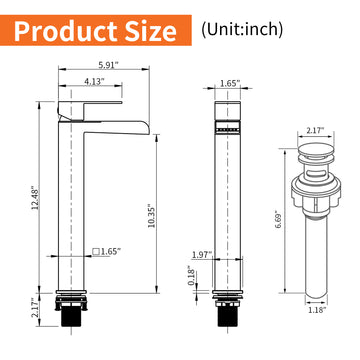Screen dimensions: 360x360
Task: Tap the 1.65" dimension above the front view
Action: coord(229,84)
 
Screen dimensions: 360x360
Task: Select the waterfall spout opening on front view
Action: coord(229,128)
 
